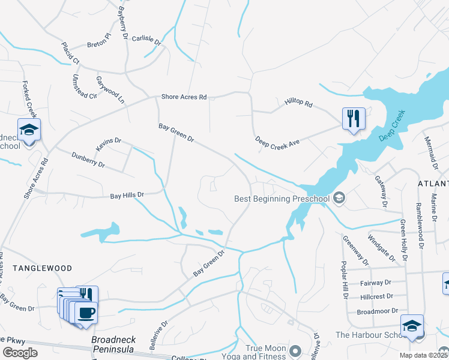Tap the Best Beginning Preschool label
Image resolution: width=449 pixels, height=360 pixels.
point(282,199)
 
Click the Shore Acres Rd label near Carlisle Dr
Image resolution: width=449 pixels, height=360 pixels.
point(184,97)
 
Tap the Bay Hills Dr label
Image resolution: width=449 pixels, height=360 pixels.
point(127,195)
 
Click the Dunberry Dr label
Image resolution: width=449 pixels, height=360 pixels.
point(88,160)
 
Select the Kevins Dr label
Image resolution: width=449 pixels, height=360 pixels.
point(108,145)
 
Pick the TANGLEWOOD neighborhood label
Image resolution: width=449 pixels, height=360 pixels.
point(43,268)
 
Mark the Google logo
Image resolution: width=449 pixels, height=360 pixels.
point(20,352)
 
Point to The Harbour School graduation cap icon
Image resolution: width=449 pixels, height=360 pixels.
point(412,325)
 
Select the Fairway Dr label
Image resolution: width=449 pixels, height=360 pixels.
point(376,282)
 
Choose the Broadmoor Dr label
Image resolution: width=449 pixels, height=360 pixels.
point(378,311)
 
